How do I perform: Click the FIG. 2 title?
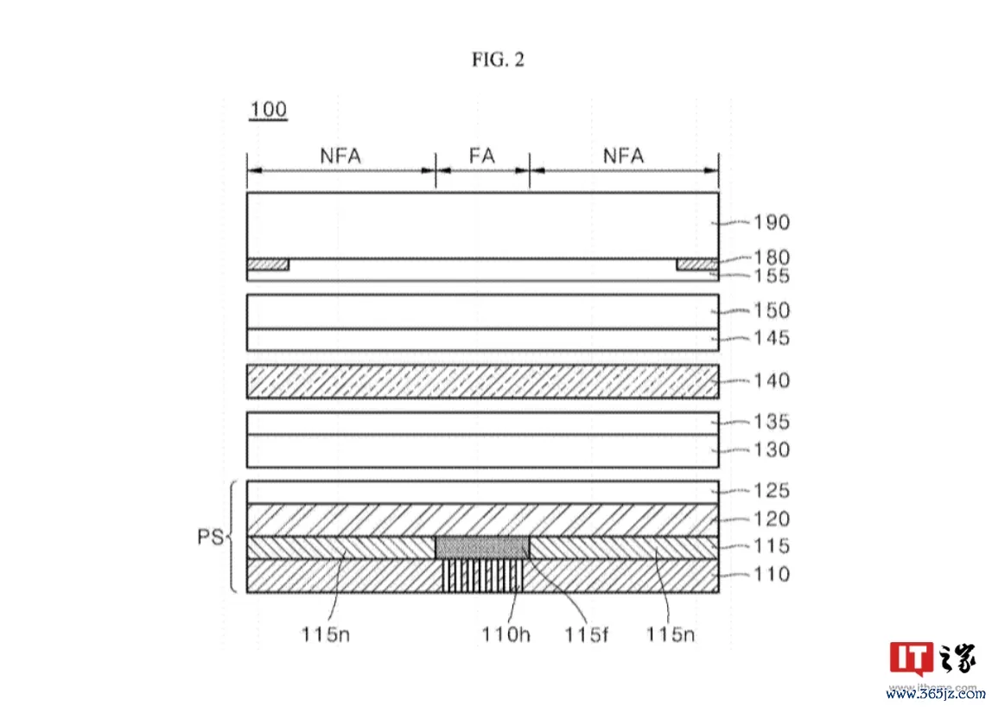pyautogui.click(x=498, y=60)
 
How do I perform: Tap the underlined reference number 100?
pyautogui.click(x=268, y=110)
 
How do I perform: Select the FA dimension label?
pyautogui.click(x=482, y=156)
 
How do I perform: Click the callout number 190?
pyautogui.click(x=771, y=222)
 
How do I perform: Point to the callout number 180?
pyautogui.click(x=771, y=257)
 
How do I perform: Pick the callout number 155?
pyautogui.click(x=771, y=276)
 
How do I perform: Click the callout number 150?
pyautogui.click(x=771, y=310)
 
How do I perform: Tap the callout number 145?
pyautogui.click(x=771, y=338)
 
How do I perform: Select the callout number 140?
pyautogui.click(x=771, y=380)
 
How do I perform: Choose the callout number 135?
pyautogui.click(x=771, y=422)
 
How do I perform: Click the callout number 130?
pyautogui.click(x=771, y=449)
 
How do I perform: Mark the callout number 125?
pyautogui.click(x=771, y=491)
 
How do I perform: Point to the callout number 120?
pyautogui.click(x=771, y=519)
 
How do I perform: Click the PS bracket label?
pyautogui.click(x=211, y=537)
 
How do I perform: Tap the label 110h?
pyautogui.click(x=506, y=634)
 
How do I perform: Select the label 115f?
pyautogui.click(x=587, y=634)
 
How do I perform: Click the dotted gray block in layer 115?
pyautogui.click(x=482, y=547)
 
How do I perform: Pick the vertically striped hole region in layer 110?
pyautogui.click(x=483, y=576)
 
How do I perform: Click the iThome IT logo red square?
pyautogui.click(x=911, y=659)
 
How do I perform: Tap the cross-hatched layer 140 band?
pyautogui.click(x=483, y=381)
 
